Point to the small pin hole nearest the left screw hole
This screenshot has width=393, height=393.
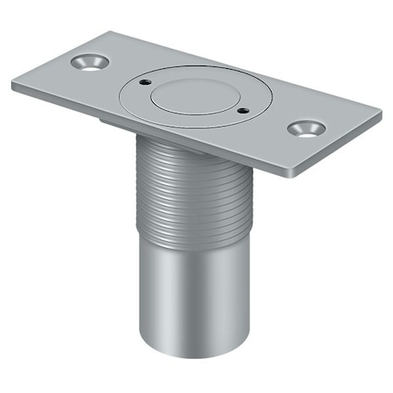(x=141, y=85)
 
